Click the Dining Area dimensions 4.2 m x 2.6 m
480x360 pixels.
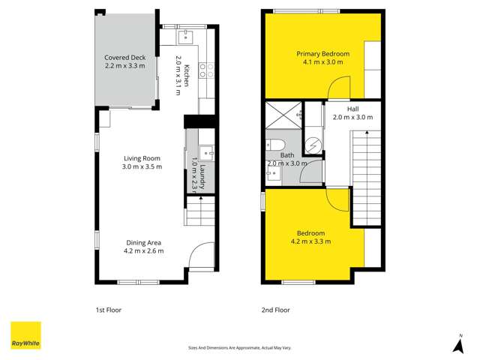point(142,252)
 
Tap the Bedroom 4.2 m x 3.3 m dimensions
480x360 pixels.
point(310,241)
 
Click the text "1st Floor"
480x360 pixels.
point(109,310)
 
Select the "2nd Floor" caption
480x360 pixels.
point(276,310)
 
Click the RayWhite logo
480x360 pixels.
point(25,335)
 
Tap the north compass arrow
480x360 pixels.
point(458,344)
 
